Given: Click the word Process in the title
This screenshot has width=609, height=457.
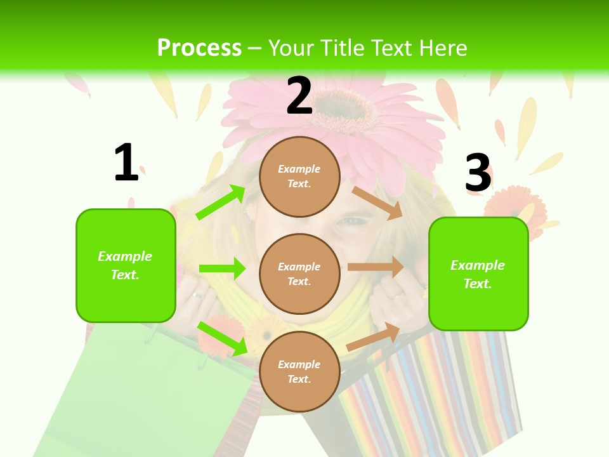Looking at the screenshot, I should point(199,48).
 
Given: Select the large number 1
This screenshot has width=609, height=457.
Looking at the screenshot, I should point(126,163).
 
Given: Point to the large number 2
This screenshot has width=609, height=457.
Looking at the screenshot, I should point(299,96).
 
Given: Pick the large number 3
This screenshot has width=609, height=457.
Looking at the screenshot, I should point(478,173).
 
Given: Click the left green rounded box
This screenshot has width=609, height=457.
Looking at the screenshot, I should point(126,265).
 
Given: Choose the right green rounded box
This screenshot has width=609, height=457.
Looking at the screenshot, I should point(478,274).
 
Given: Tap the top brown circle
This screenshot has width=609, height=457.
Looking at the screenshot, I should point(299,176).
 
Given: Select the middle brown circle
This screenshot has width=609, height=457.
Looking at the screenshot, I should point(299,274).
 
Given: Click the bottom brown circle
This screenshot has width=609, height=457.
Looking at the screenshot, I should point(299,371).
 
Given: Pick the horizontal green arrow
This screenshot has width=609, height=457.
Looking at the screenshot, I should point(222,268).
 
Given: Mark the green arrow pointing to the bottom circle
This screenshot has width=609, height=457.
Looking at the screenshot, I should point(222,338).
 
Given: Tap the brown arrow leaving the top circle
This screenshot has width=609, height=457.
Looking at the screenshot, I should point(377,202).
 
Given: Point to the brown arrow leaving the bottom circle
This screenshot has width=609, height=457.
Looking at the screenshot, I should point(373,336).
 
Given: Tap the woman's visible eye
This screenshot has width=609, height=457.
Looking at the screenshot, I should point(355,222).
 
